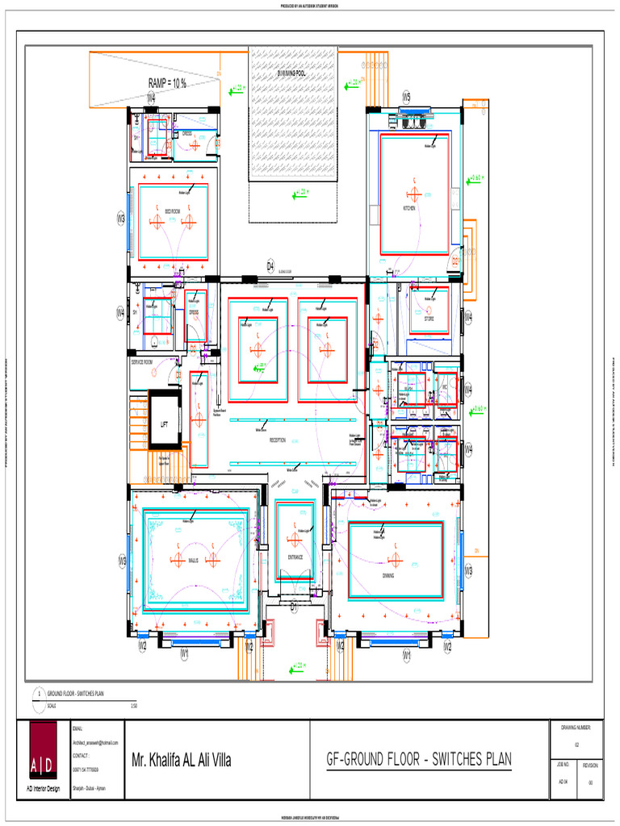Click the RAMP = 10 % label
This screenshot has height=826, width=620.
pyautogui.click(x=167, y=83)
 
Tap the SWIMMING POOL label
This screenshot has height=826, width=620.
pyautogui.click(x=292, y=73)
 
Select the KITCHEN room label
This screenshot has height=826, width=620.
pyautogui.click(x=409, y=208)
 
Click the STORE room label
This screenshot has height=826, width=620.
pyautogui.click(x=429, y=319)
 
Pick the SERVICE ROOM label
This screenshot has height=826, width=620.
pyautogui.click(x=142, y=362)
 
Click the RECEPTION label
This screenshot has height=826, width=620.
pyautogui.click(x=278, y=440)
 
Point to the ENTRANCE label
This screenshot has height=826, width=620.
pyautogui.click(x=295, y=557)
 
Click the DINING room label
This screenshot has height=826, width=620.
pyautogui.click(x=393, y=575)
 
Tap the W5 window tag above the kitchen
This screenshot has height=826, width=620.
pyautogui.click(x=407, y=97)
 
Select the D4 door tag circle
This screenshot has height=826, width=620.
pyautogui.click(x=271, y=266)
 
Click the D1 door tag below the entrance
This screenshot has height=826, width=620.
pyautogui.click(x=294, y=605)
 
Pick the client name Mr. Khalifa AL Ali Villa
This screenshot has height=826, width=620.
pyautogui.click(x=182, y=760)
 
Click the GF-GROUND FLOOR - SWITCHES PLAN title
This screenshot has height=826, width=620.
pyautogui.click(x=418, y=760)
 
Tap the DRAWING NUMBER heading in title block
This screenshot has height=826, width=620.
pyautogui.click(x=576, y=728)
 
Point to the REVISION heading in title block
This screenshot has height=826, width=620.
pyautogui.click(x=590, y=763)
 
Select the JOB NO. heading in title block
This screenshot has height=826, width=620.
pyautogui.click(x=563, y=763)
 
